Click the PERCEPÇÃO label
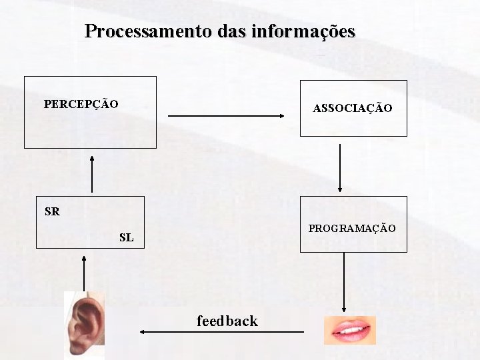pyautogui.click(x=81, y=104)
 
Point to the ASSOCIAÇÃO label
pyautogui.click(x=353, y=108)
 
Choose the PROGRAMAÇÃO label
pyautogui.click(x=352, y=229)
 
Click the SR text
pyautogui.click(x=52, y=212)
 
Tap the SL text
pyautogui.click(x=126, y=237)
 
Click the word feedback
pyautogui.click(x=227, y=321)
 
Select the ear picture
pyautogui.click(x=84, y=325)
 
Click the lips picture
pyautogui.click(x=349, y=330)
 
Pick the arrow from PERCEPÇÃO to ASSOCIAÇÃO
pyautogui.click(x=227, y=116)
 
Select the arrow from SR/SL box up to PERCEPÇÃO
pyautogui.click(x=92, y=174)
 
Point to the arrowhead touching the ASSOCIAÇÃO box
pyautogui.click(x=281, y=116)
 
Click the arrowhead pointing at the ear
pyautogui.click(x=143, y=331)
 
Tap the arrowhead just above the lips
pyautogui.click(x=344, y=309)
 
